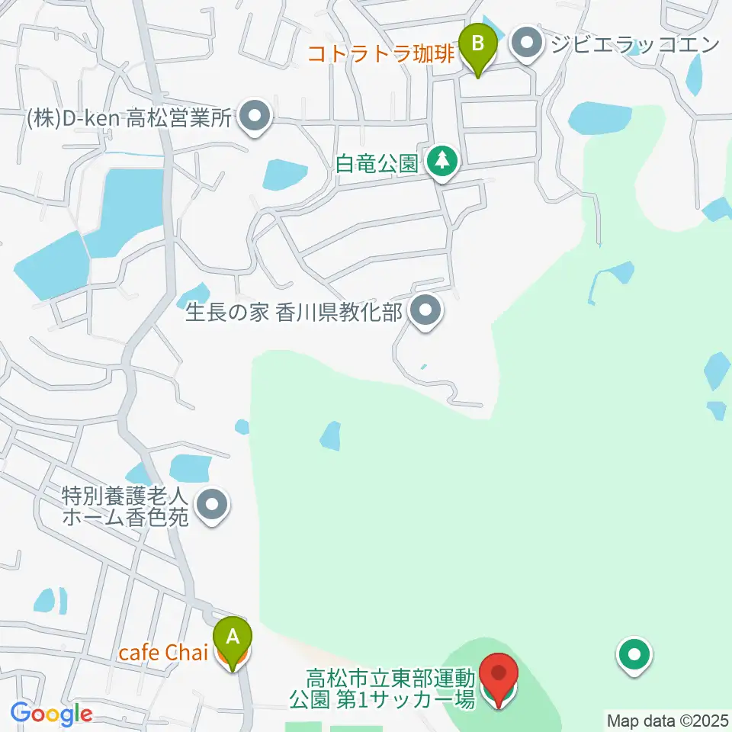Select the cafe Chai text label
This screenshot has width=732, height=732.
point(163,654)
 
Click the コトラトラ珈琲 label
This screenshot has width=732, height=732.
point(381,53)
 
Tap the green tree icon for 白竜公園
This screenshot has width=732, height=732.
point(441,161)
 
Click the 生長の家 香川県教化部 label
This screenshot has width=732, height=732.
point(294,313)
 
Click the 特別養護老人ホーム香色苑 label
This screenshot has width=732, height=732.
point(124,506)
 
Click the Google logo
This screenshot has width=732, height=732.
point(51,714)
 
